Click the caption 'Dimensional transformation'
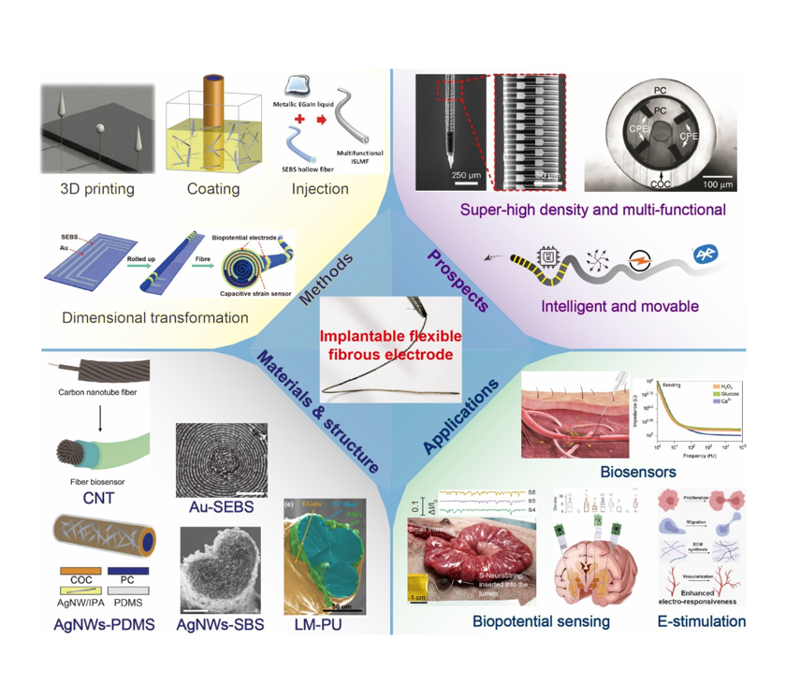(x=155, y=318)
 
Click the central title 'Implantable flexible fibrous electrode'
(x=392, y=345)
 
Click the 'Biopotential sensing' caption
(x=541, y=620)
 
